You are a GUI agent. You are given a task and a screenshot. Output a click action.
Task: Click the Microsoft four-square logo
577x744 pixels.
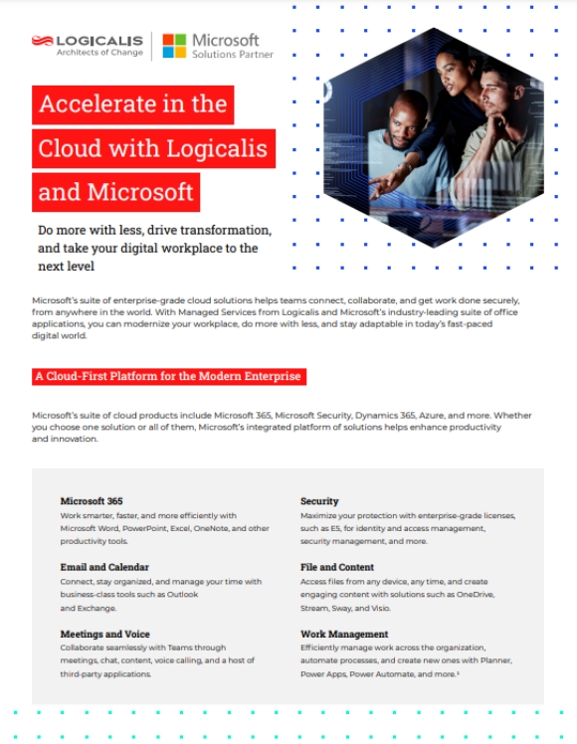coord(174,46)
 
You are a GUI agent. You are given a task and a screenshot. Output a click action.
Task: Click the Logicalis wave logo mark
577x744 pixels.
coord(42,41)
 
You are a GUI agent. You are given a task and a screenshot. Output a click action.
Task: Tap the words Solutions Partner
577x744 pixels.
coord(233,54)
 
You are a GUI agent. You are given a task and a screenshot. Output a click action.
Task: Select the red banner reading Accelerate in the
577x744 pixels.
coord(132,104)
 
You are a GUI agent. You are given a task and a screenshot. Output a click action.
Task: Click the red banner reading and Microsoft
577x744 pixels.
coord(115,191)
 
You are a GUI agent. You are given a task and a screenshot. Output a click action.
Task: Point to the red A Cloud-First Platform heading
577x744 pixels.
coord(168,377)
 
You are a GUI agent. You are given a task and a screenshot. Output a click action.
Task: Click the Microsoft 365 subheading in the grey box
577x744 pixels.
coord(92,500)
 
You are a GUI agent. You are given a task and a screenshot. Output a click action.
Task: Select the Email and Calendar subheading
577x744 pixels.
coord(104,567)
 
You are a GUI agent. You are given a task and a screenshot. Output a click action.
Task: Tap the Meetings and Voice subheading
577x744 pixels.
coord(105,633)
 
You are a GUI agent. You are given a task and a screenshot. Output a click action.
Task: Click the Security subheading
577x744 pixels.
coord(319,500)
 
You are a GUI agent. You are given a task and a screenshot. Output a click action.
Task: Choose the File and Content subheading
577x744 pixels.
coord(338,567)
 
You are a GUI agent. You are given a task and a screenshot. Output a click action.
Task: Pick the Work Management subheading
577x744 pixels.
coord(344,633)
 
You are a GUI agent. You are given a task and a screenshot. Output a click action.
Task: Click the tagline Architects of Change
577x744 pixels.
coord(98,53)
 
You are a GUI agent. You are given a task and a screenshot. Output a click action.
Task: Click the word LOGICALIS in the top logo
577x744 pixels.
coord(99,40)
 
